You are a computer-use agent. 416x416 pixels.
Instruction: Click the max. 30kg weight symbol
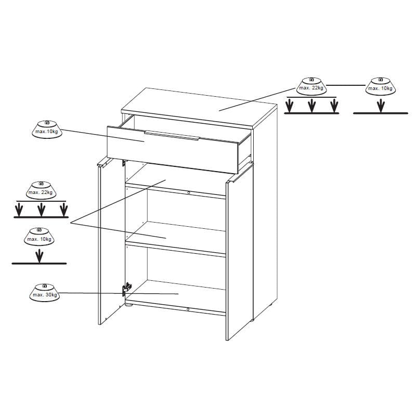pos(45,293)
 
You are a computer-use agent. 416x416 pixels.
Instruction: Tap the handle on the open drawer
pos(172,135)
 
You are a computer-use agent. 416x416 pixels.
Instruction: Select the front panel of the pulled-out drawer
pos(173,150)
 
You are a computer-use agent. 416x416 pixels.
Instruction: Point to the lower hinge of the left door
pos(127,289)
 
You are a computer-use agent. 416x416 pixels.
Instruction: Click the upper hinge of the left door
pos(124,162)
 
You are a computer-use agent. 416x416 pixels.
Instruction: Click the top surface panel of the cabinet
pos(199,108)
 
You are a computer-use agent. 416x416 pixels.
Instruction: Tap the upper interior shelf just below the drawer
pos(175,180)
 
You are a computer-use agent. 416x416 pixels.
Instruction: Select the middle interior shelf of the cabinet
pos(175,239)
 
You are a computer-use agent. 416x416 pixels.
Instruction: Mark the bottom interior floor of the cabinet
pos(175,296)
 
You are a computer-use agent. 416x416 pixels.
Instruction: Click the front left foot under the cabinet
pos(129,305)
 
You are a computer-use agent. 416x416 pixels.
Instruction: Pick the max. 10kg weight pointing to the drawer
pos(47,129)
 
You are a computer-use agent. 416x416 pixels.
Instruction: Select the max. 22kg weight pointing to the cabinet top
pos(311,86)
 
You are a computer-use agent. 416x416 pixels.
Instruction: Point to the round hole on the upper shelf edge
pos(189,192)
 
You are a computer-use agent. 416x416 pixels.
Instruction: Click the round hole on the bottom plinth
pos(188,309)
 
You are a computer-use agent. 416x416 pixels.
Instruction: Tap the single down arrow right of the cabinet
pos(381,106)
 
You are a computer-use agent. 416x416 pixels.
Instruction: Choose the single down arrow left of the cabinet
pos(40,256)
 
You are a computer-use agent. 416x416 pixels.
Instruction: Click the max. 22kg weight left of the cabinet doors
pos(41,190)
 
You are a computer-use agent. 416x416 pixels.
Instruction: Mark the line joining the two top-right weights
pos(346,85)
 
